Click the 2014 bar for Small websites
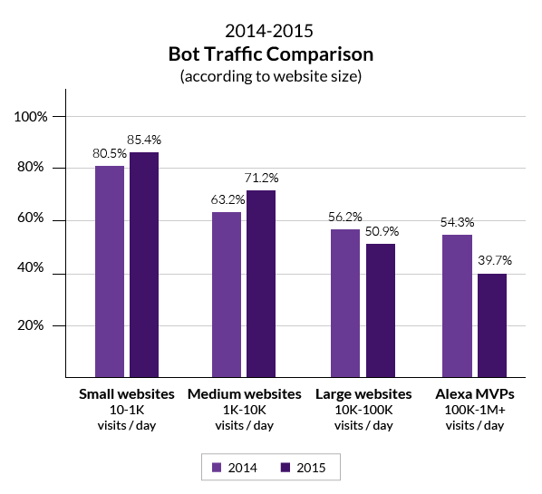(x=110, y=271)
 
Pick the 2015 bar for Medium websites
(x=261, y=284)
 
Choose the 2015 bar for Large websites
(x=381, y=310)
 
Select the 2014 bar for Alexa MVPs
(x=457, y=305)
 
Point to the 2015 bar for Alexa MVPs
(x=492, y=325)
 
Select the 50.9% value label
(x=381, y=231)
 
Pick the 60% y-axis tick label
(x=42, y=220)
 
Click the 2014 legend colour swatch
(x=217, y=468)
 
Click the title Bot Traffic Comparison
(x=271, y=54)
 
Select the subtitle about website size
(x=271, y=76)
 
